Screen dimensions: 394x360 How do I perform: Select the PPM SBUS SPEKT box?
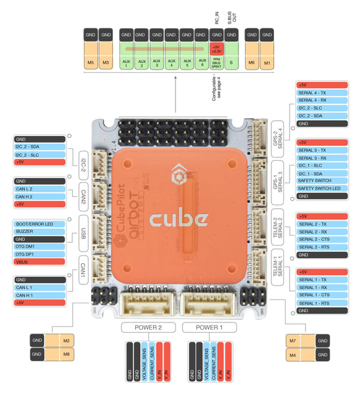[x=215, y=62]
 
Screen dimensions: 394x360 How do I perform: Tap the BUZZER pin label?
[x=39, y=232]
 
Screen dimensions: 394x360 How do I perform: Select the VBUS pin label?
[x=39, y=260]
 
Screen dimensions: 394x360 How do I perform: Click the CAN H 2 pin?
[x=39, y=196]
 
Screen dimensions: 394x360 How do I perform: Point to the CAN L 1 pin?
[x=39, y=287]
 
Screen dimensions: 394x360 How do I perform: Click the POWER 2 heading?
[x=147, y=326]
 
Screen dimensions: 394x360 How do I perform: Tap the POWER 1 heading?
[x=208, y=326]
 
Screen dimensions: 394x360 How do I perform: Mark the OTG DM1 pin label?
[x=39, y=246]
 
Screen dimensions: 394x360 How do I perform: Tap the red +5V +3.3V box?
[x=215, y=48]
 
